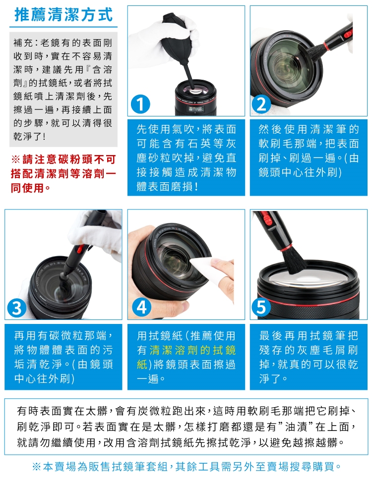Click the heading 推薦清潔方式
63,15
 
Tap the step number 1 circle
140,104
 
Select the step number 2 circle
261,104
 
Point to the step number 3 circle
16,308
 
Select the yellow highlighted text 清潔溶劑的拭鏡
193,350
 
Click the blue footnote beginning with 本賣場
186,467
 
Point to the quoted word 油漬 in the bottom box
296,427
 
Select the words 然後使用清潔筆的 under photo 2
309,129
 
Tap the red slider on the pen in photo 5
267,220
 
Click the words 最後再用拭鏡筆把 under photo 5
309,336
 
